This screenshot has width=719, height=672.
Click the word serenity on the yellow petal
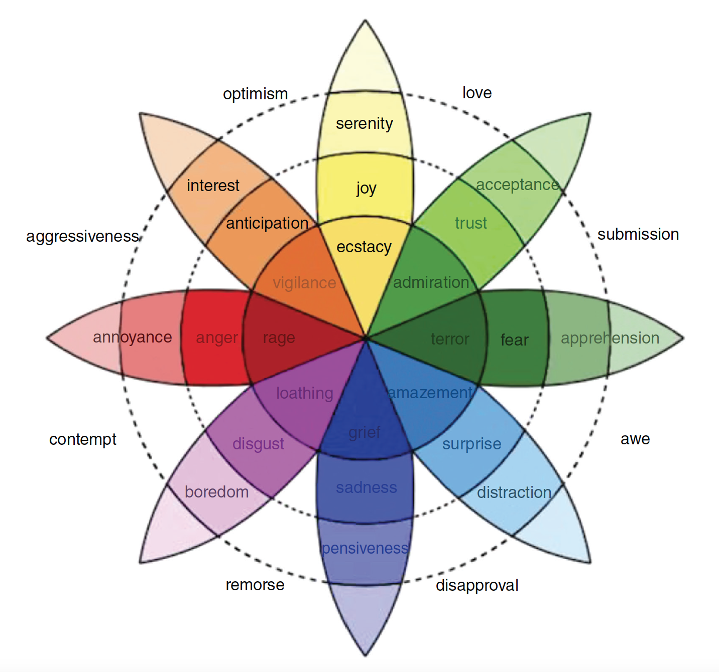(x=365, y=123)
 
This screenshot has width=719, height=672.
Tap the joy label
(x=366, y=189)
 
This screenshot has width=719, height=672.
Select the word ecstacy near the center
(x=364, y=247)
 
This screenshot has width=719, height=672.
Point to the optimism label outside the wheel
(x=255, y=94)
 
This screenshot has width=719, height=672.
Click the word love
(x=477, y=93)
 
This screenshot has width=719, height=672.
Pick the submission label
(x=638, y=234)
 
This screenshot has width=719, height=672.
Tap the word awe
(x=635, y=439)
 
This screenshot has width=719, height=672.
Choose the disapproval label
(x=477, y=585)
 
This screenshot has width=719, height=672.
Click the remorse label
(x=255, y=585)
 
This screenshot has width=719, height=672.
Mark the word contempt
(x=83, y=439)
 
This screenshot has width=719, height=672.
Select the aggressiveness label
(x=83, y=236)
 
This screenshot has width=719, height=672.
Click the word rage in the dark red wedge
(x=279, y=338)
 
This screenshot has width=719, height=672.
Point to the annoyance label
(x=133, y=338)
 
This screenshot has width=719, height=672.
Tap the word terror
(x=450, y=340)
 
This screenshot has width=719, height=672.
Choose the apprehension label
(x=610, y=339)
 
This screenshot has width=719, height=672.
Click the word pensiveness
(x=365, y=548)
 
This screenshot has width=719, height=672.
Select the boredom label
(x=217, y=492)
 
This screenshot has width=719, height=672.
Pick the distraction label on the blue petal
(x=514, y=492)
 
